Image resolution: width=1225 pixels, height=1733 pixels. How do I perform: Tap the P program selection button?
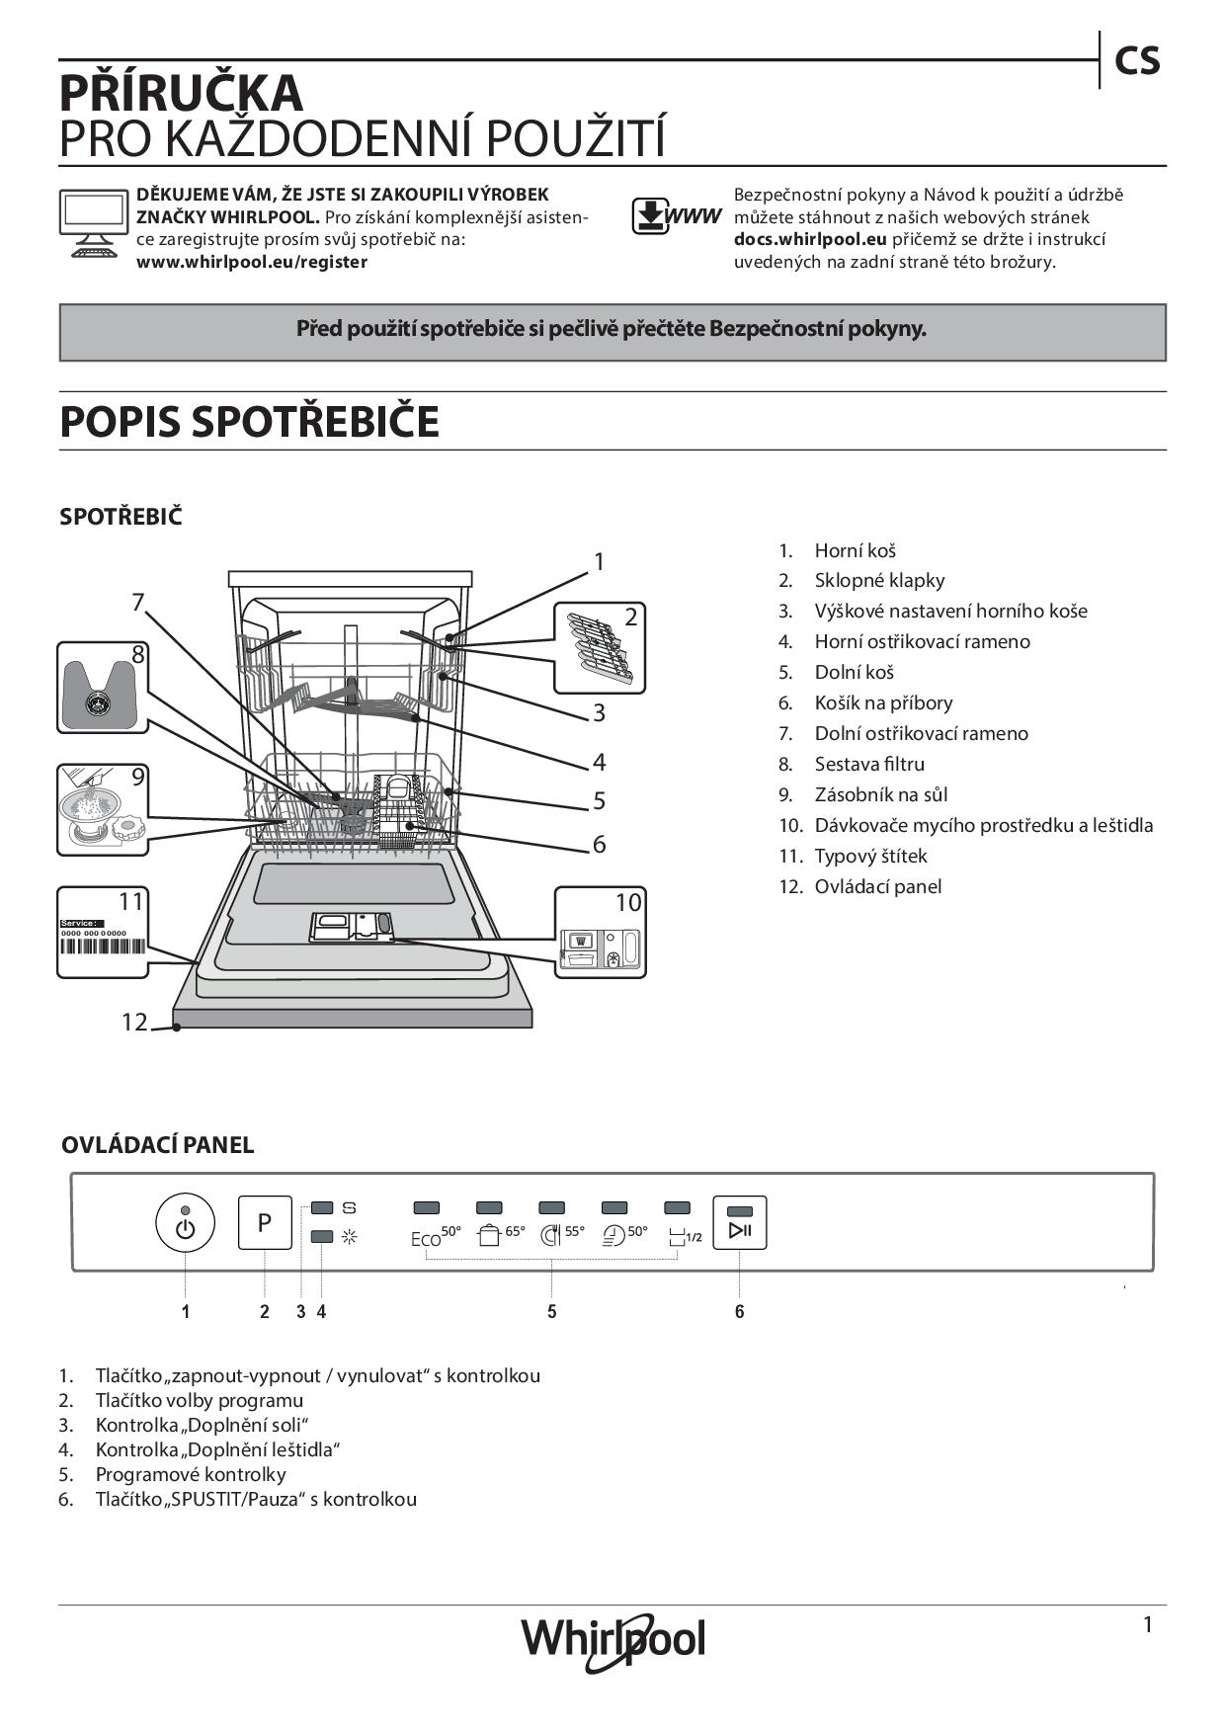coord(265,1222)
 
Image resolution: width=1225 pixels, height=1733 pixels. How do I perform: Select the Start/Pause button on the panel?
coord(740,1223)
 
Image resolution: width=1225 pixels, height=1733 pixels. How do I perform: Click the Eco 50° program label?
coord(436,1236)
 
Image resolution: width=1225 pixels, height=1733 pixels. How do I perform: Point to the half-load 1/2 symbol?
coord(685,1236)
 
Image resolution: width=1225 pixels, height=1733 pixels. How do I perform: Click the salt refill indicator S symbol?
coord(349,1207)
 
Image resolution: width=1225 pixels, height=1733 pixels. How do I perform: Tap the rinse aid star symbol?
coord(349,1236)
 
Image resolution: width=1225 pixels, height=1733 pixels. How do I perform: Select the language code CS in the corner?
coord(1137,61)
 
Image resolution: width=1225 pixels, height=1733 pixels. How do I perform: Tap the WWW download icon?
coord(676,215)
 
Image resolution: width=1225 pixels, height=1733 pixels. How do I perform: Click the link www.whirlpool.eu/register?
coord(251,262)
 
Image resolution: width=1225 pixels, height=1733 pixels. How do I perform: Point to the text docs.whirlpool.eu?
coord(810,239)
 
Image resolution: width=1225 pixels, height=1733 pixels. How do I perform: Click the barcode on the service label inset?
coord(102,946)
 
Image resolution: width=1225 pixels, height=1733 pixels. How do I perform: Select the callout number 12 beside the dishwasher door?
coord(133,1022)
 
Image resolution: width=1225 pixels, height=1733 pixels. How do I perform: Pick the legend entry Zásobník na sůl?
coord(880,794)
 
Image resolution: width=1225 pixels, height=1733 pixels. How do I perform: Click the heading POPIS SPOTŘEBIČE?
coord(249,422)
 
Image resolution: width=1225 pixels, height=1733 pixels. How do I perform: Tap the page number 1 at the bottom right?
coord(1147,1624)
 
